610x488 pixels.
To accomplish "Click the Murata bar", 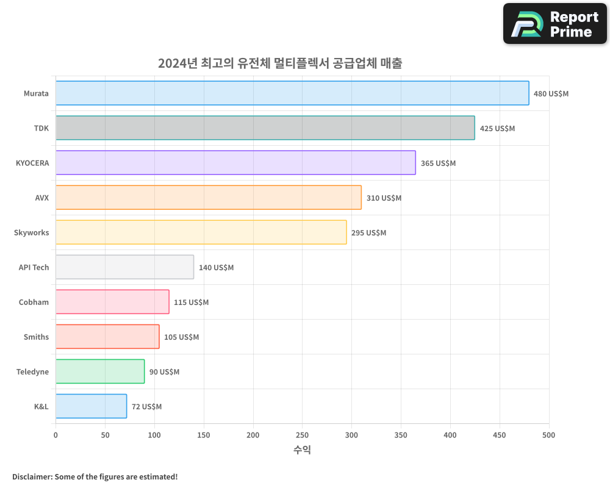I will click(292, 93).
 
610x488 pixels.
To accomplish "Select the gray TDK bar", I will click(265, 128).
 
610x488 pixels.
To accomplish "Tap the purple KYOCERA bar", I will click(235, 163).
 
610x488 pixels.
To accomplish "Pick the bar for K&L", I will click(91, 406).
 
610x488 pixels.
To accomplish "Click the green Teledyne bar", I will click(100, 371).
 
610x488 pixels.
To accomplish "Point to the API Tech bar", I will click(124, 267).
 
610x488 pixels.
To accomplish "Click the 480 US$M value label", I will click(551, 94).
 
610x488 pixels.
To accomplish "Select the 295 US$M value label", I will click(368, 233).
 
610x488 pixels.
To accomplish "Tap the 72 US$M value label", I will click(146, 407).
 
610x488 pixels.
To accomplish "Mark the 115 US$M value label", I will click(191, 303).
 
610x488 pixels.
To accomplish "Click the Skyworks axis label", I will click(31, 232).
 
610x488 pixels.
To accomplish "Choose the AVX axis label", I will click(41, 198).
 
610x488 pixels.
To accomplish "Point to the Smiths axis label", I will click(36, 337).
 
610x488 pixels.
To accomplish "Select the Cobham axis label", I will click(34, 302).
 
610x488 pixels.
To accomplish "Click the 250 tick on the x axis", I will click(303, 435).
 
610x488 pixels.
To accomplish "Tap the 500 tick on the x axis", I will click(549, 435).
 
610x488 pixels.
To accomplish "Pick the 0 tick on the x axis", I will click(56, 435).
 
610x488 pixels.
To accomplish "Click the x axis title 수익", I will click(302, 450).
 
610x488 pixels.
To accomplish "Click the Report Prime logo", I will click(554, 24).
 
